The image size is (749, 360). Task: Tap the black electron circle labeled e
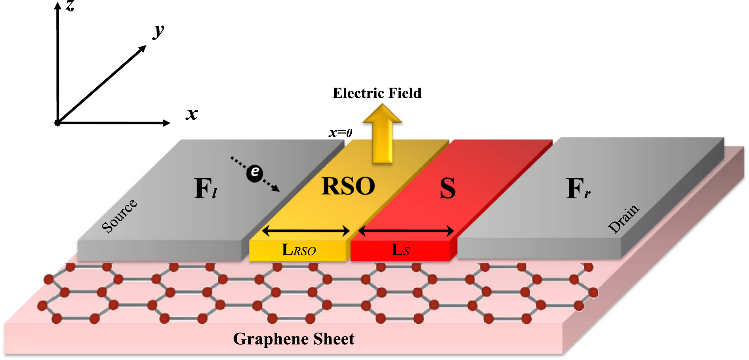pyautogui.click(x=255, y=173)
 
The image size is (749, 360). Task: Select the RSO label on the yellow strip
pyautogui.click(x=348, y=186)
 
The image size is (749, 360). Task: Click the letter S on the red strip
pyautogui.click(x=448, y=189)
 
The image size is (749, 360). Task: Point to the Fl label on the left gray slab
pyautogui.click(x=205, y=189)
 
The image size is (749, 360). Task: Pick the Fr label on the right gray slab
pyautogui.click(x=577, y=189)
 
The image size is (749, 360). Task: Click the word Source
pyautogui.click(x=119, y=216)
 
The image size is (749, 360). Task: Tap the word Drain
pyautogui.click(x=623, y=219)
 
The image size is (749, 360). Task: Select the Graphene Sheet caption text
pyautogui.click(x=294, y=339)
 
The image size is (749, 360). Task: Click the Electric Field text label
pyautogui.click(x=377, y=93)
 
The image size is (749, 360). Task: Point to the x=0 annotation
pyautogui.click(x=340, y=133)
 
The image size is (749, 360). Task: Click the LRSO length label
pyautogui.click(x=298, y=250)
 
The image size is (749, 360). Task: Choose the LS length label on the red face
pyautogui.click(x=400, y=250)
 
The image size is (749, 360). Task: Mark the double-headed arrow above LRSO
pyautogui.click(x=306, y=230)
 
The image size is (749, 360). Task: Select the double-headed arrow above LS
pyautogui.click(x=406, y=230)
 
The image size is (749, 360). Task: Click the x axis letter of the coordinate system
pyautogui.click(x=192, y=114)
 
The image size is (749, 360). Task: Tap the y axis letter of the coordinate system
pyautogui.click(x=159, y=30)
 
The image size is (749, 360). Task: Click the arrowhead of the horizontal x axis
pyautogui.click(x=166, y=123)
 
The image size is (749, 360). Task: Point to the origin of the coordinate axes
pyautogui.click(x=58, y=123)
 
